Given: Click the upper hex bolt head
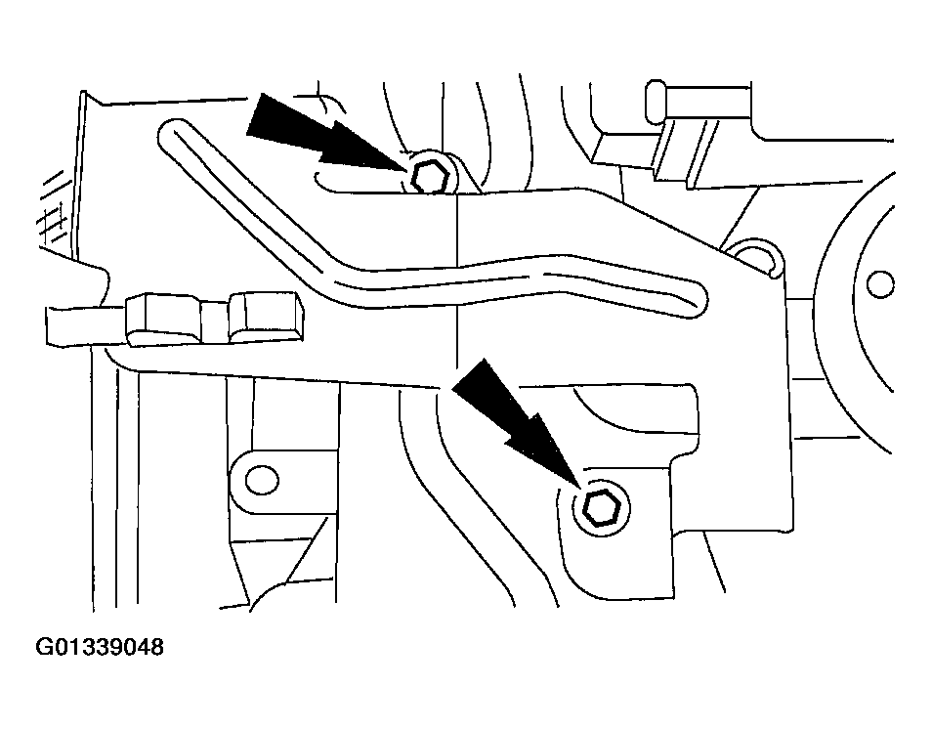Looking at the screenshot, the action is (x=428, y=177).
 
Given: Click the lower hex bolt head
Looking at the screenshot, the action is (x=601, y=508).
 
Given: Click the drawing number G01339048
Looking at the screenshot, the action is (x=100, y=646).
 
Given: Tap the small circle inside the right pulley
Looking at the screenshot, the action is (x=880, y=283).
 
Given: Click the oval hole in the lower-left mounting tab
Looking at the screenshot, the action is (x=262, y=480).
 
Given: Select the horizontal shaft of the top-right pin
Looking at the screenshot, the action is (x=708, y=103).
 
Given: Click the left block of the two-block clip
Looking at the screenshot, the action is (x=163, y=319).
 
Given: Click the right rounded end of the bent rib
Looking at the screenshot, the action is (x=695, y=296).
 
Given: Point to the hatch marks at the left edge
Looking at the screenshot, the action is (x=53, y=208).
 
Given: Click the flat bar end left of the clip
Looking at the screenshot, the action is (x=85, y=325).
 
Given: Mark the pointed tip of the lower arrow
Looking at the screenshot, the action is (x=579, y=488).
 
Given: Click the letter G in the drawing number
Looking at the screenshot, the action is (x=44, y=646).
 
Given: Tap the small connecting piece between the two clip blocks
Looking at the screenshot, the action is (x=216, y=322).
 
